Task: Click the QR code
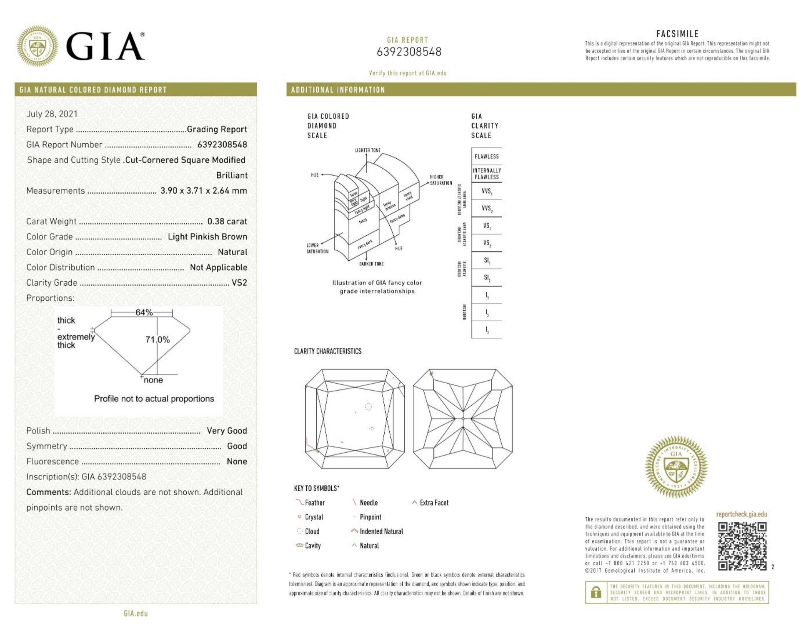(742, 546)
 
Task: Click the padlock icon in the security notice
(596, 592)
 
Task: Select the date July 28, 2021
(52, 114)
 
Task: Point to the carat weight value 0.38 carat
(227, 221)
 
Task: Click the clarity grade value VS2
(239, 282)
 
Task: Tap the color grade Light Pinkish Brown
(207, 237)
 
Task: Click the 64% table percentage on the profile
(144, 312)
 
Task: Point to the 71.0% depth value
(158, 340)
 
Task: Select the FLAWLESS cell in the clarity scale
(486, 157)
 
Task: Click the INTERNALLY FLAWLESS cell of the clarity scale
(486, 174)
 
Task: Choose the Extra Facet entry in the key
(434, 503)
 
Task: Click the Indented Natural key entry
(381, 531)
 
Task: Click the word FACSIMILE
(677, 34)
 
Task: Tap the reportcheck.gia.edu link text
(741, 514)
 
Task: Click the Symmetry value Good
(237, 446)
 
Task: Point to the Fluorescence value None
(237, 461)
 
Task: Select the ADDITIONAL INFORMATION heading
(338, 90)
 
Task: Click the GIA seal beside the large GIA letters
(37, 46)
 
